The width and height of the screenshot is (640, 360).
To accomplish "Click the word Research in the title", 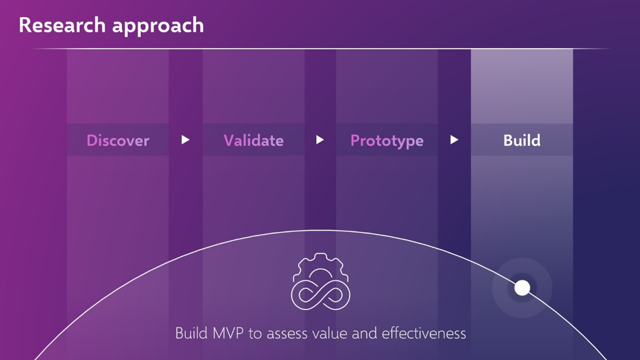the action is click(x=62, y=25).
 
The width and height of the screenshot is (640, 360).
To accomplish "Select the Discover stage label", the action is click(x=118, y=140).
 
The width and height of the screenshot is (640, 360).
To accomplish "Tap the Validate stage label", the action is click(x=253, y=140).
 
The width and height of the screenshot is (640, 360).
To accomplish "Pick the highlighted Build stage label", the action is click(x=521, y=140).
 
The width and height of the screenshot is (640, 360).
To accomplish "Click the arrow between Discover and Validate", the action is click(x=185, y=140).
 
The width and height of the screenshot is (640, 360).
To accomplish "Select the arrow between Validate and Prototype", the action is click(x=320, y=140).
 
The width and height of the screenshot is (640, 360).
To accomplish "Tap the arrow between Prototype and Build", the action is click(x=454, y=140).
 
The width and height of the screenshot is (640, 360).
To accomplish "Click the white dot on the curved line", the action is click(x=522, y=288).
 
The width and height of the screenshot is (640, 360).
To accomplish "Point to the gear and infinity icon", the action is click(x=321, y=281).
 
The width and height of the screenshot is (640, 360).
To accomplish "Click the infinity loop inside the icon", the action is click(x=321, y=294).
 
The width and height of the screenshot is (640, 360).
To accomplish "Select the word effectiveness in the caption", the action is click(x=423, y=333).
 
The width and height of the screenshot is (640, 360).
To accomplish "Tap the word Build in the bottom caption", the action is click(x=192, y=333).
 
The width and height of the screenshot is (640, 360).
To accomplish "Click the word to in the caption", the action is click(x=255, y=334).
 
